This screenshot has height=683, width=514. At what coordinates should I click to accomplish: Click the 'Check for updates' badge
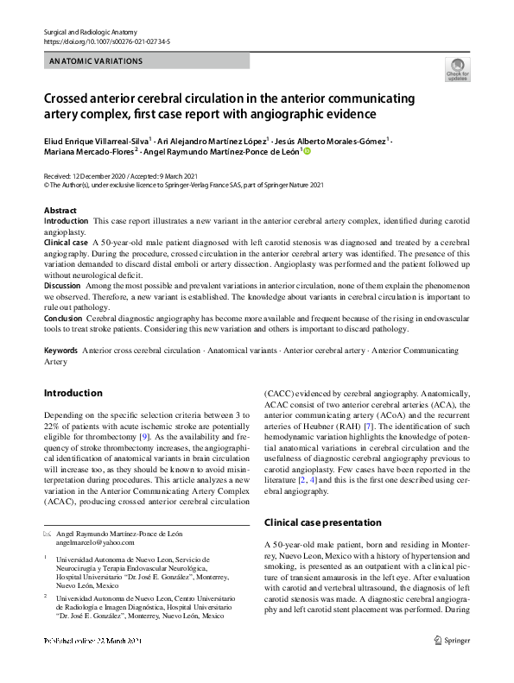click(x=458, y=69)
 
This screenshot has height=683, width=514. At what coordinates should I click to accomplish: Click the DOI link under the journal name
click(x=106, y=41)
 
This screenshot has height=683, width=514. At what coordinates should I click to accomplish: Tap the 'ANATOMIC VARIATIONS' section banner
click(x=97, y=61)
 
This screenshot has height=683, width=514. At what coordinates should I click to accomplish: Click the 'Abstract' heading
click(x=61, y=211)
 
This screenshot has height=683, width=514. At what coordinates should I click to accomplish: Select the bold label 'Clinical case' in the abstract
click(x=67, y=243)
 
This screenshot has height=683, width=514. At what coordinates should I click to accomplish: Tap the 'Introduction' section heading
click(x=73, y=393)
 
